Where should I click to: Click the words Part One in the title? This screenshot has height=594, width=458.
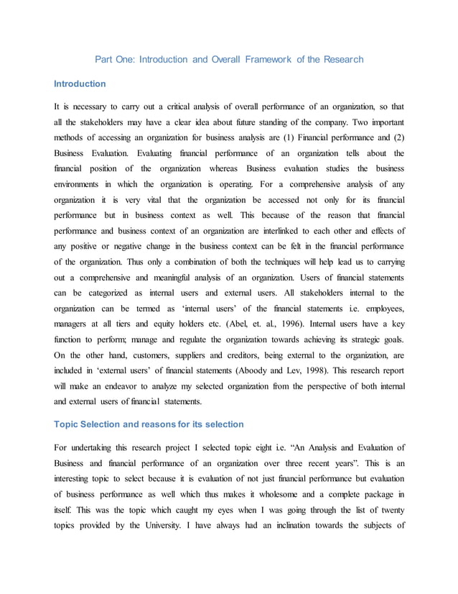pyautogui.click(x=112, y=59)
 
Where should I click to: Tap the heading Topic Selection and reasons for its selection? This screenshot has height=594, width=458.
pyautogui.click(x=149, y=424)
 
